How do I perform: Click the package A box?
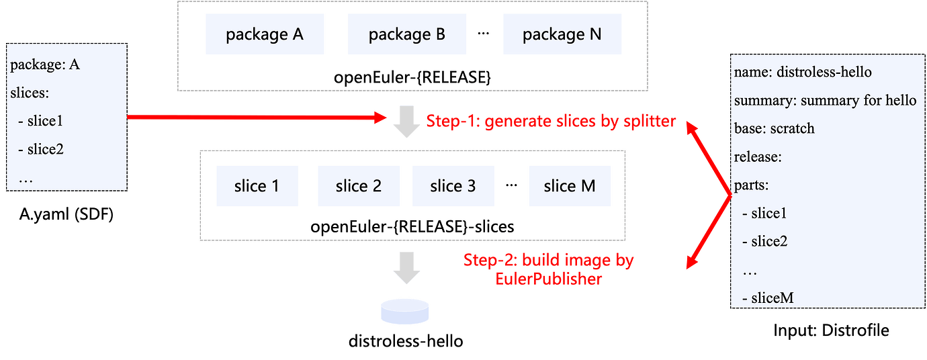coord(265,34)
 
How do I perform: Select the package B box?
coord(406,34)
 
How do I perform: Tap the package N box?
coord(562,34)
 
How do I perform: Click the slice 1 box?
coord(257,186)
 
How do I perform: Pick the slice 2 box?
coord(359,186)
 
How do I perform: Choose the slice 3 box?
coord(453,186)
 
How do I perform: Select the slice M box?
coord(570,186)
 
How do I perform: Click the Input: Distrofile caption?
coord(831,330)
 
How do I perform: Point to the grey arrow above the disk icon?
coord(406,267)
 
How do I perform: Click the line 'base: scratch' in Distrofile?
coord(774,128)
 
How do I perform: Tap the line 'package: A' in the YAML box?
coord(46,66)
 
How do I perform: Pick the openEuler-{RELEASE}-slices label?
coord(412,226)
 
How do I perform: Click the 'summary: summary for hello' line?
coord(825,100)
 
